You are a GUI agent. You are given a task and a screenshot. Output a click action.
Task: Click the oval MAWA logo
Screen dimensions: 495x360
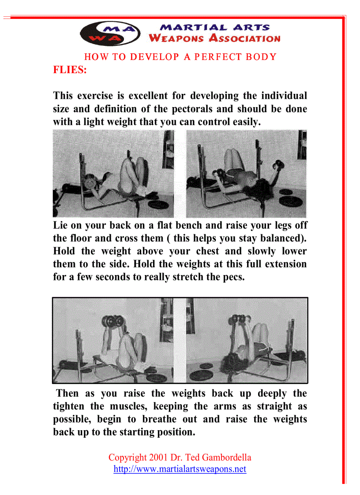pos(110,33)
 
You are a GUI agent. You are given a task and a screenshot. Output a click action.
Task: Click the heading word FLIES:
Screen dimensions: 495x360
pos(70,70)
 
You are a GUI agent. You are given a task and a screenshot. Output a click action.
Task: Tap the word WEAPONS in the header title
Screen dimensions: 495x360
pos(176,38)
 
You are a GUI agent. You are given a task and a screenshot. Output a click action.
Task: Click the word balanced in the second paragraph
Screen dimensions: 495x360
pos(282,238)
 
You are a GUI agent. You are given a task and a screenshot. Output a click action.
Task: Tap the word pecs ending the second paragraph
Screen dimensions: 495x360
pos(234,277)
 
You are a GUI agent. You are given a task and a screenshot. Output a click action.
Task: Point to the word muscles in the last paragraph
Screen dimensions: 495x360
pos(123,406)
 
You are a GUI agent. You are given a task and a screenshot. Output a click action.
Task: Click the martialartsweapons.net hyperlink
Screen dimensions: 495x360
pos(180,469)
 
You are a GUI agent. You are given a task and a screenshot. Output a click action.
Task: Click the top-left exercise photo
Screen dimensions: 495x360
pos(113,174)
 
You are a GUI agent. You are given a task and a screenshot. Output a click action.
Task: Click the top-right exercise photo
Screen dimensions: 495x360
pos(246,174)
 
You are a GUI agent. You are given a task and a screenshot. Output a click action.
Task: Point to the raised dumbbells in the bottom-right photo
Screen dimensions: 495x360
pos(240,319)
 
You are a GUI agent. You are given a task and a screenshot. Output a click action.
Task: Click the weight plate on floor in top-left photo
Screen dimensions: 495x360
pos(161,205)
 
